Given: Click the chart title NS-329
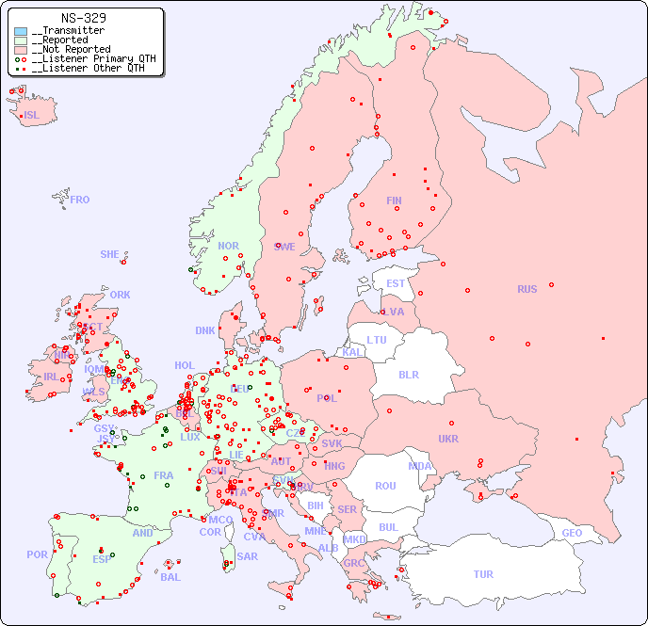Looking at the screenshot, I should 83,18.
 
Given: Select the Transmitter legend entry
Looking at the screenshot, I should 72,31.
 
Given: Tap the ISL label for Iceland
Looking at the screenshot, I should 32,116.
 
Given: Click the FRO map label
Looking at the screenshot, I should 80,200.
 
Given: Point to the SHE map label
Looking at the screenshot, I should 110,254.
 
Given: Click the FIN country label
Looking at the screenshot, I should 394,201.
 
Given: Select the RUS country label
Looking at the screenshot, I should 526,289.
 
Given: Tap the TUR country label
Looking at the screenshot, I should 483,574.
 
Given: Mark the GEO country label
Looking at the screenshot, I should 572,533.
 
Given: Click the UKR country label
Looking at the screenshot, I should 448,439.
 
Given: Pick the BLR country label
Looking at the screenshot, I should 409,374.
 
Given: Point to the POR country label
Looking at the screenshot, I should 37,554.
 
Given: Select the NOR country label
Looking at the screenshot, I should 229,246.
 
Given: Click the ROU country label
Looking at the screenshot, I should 385,486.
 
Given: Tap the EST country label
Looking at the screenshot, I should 396,283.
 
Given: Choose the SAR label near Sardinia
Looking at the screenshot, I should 248,555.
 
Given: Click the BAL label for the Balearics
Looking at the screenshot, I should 170,577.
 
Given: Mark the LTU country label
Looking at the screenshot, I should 377,340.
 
